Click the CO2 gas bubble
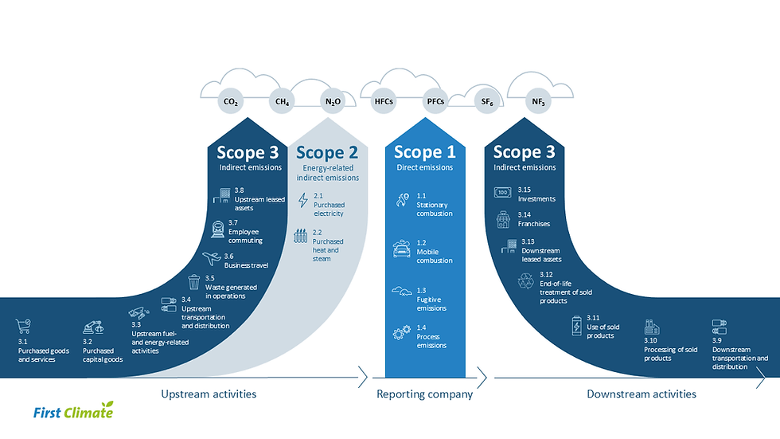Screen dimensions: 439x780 (x=231, y=102)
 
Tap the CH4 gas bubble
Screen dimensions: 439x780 (x=282, y=102)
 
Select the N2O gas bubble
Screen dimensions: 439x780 (x=333, y=102)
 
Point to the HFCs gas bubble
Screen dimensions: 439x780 (x=384, y=102)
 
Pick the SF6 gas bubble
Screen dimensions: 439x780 (x=486, y=102)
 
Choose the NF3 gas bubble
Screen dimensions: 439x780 (x=539, y=102)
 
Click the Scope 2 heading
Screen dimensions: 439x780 (x=326, y=152)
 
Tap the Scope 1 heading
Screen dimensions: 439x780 (x=424, y=152)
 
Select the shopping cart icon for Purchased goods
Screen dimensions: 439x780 (x=23, y=326)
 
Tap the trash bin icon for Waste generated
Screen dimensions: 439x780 (x=194, y=282)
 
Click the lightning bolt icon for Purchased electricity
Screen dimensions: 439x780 (x=302, y=201)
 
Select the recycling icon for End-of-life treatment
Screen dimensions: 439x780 (x=526, y=280)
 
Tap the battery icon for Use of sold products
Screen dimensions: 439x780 (x=577, y=325)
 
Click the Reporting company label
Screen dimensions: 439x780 (x=424, y=394)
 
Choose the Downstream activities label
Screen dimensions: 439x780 (x=642, y=394)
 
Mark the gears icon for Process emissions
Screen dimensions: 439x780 (x=402, y=334)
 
